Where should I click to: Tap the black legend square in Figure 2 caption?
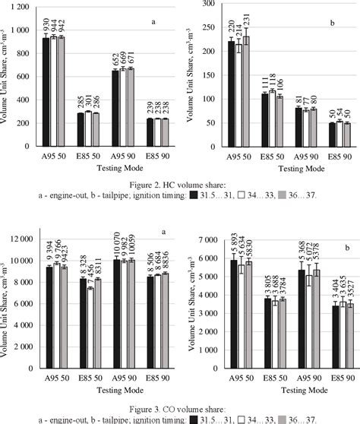pyautogui.click(x=195, y=195)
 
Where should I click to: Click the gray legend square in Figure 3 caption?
pyautogui.click(x=283, y=419)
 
